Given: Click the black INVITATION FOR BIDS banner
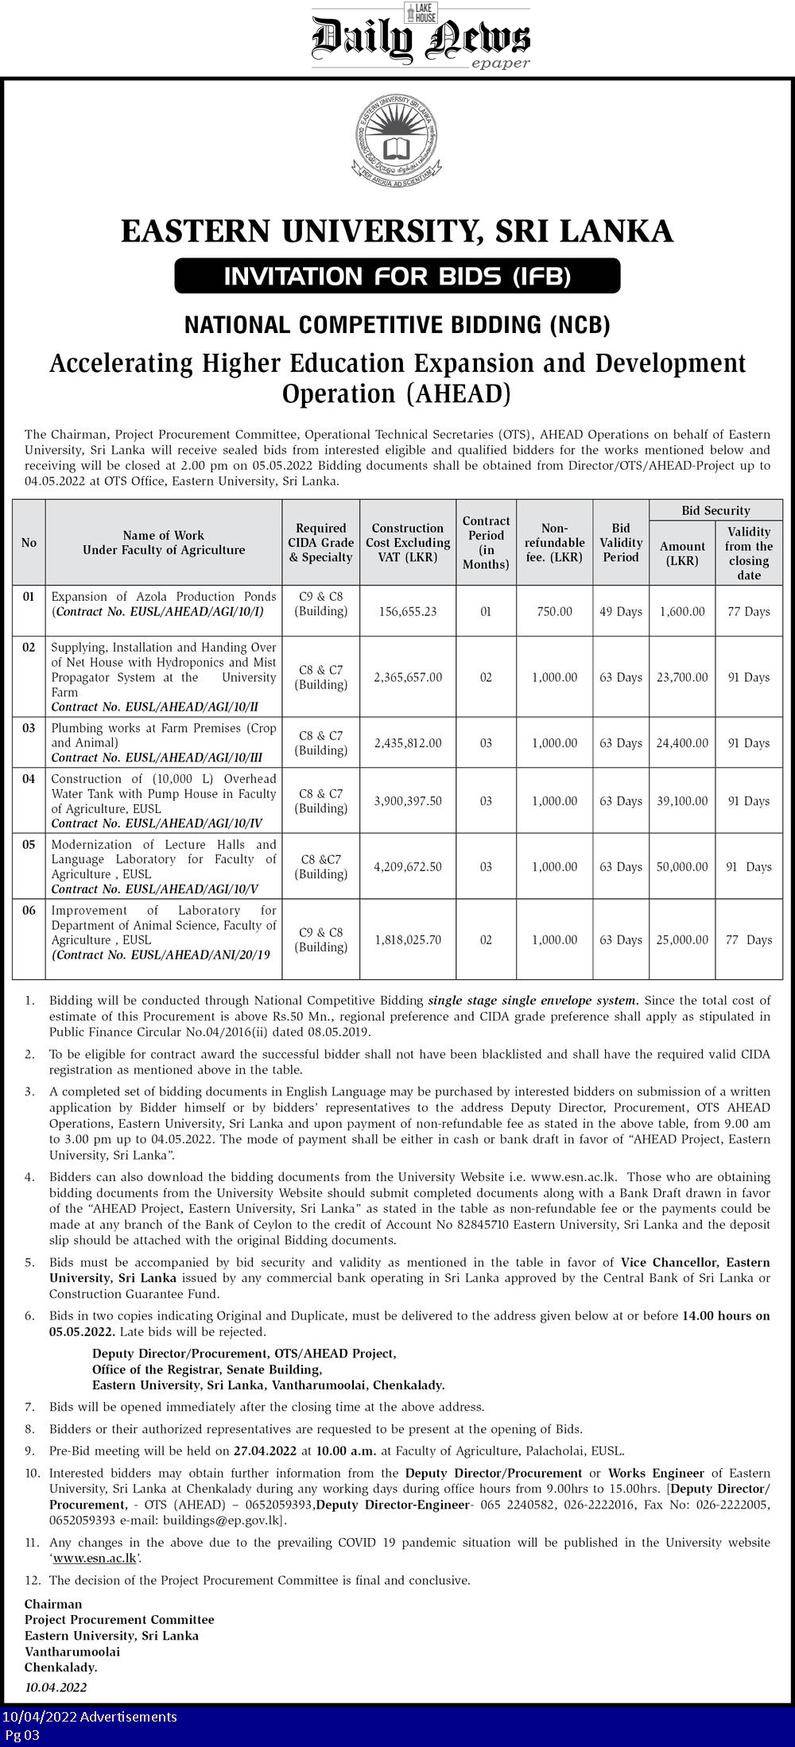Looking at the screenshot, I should tap(397, 276).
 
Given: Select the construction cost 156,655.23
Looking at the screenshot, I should tap(408, 611).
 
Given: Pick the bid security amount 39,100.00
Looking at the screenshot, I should tap(682, 801).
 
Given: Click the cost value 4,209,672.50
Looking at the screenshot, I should tap(408, 866).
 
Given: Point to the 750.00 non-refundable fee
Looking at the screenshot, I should tap(554, 611).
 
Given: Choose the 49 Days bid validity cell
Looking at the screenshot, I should tap(621, 611).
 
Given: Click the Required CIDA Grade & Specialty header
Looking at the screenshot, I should tap(321, 543).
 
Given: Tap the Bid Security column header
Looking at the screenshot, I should tap(715, 510).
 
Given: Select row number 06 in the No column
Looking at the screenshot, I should tap(29, 910).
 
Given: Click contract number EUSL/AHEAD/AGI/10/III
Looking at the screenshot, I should tap(157, 757).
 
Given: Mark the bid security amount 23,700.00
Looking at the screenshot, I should tap(682, 677).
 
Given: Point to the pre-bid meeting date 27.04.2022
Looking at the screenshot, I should tap(266, 1451).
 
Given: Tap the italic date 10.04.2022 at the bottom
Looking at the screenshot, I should tap(56, 1687).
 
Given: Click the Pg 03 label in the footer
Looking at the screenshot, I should tap(22, 1734).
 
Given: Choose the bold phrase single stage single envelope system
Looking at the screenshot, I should tap(533, 1000).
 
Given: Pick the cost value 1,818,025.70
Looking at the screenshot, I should tap(408, 939).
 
